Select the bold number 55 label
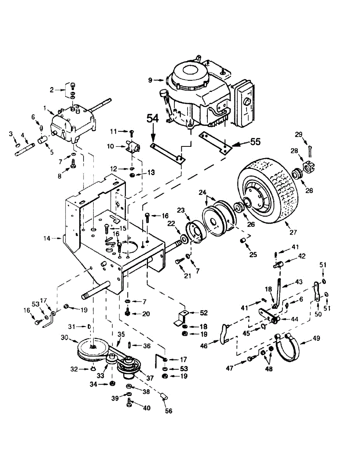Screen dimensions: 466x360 255,142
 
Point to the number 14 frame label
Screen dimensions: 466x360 47,238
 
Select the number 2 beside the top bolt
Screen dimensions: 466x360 51,90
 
